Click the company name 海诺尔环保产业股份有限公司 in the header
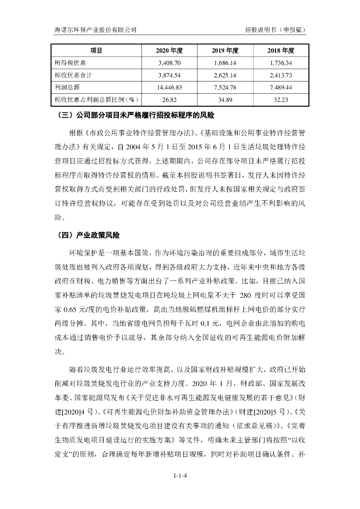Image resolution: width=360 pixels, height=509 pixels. [95, 30]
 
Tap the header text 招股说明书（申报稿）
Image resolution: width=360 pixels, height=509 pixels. [275, 30]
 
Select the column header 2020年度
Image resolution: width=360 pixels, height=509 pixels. [170, 51]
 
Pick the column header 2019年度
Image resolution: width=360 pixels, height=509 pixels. [226, 51]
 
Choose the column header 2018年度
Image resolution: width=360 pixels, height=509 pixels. [281, 51]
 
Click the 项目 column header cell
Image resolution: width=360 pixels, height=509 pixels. [96, 51]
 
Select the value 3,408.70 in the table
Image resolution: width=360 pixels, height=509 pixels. [170, 63]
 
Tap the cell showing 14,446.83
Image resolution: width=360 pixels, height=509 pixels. [170, 87]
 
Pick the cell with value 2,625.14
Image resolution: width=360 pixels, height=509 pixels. [226, 75]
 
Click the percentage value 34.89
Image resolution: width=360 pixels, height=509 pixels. [226, 99]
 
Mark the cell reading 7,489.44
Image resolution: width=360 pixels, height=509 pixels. [281, 87]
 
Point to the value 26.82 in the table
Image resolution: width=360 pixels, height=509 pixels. [170, 99]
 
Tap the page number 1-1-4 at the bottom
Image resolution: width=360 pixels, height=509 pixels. [180, 476]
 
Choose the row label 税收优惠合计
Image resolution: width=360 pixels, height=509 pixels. [74, 75]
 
